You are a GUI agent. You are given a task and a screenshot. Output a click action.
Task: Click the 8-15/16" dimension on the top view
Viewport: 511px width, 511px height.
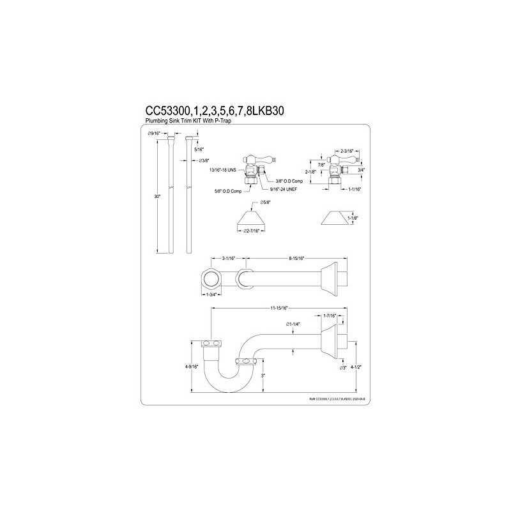(298, 259)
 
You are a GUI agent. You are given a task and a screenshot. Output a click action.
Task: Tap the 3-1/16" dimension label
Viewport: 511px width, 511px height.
(229, 259)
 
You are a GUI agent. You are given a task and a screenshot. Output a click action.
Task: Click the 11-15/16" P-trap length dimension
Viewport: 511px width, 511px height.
(279, 308)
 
